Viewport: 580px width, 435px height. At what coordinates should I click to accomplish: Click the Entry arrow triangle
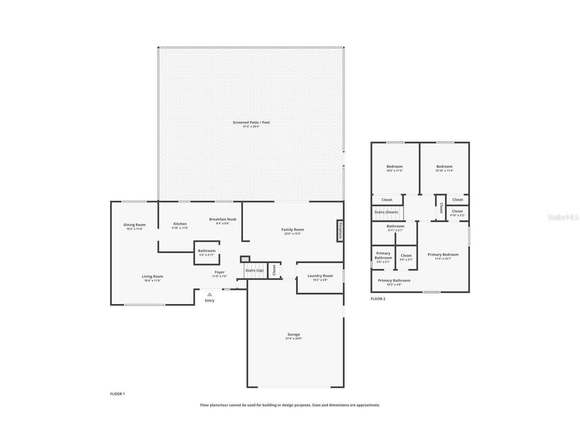[210, 294]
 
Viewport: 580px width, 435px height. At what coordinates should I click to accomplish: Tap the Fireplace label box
[340, 230]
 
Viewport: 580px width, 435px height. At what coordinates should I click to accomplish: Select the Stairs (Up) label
[254, 271]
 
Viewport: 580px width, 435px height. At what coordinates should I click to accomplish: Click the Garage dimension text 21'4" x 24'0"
[294, 339]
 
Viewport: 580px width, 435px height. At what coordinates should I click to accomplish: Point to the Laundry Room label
[320, 276]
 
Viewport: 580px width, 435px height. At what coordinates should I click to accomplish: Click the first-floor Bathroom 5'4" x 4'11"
[206, 253]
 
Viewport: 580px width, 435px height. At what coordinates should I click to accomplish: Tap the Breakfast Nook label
[223, 219]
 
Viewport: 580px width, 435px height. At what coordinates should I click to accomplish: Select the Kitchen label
[180, 224]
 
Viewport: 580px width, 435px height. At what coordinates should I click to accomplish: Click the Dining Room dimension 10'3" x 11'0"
[134, 229]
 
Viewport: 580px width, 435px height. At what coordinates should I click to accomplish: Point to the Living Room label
[152, 276]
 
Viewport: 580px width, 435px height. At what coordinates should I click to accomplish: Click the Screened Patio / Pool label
[251, 122]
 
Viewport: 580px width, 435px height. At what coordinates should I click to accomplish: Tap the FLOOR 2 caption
[378, 299]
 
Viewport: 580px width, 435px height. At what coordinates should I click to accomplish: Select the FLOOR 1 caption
[117, 394]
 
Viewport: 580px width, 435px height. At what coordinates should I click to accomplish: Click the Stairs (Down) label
[386, 212]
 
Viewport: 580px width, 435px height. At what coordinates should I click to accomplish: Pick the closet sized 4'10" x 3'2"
[457, 213]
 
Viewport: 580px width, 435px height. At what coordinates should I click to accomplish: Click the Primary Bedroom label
[443, 254]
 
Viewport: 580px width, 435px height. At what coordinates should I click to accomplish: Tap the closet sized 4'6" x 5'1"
[406, 257]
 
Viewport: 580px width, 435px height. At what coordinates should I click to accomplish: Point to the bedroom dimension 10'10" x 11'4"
[444, 171]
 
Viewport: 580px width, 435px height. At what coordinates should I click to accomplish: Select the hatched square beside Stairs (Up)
[245, 259]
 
